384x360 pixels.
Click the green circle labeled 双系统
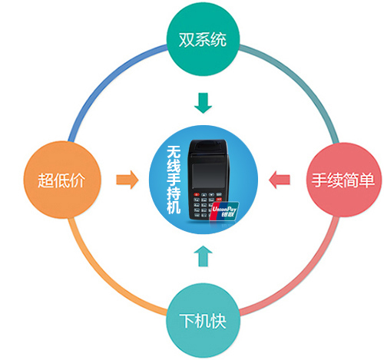204,39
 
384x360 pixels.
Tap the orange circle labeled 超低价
62,180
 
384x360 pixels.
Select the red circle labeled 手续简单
343,180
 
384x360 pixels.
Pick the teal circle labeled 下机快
204,320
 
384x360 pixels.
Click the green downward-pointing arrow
203,103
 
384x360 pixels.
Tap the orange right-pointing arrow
127,180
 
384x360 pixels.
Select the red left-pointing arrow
280,180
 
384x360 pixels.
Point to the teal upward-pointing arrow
203,256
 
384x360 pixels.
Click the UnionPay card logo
223,211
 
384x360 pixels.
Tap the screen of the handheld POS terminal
208,176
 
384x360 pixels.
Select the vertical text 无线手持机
174,180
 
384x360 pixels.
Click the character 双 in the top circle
187,40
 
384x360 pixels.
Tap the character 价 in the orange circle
78,180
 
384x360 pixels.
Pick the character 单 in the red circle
366,180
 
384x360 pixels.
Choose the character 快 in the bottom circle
218,321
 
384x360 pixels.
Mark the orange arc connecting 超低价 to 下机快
102,276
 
